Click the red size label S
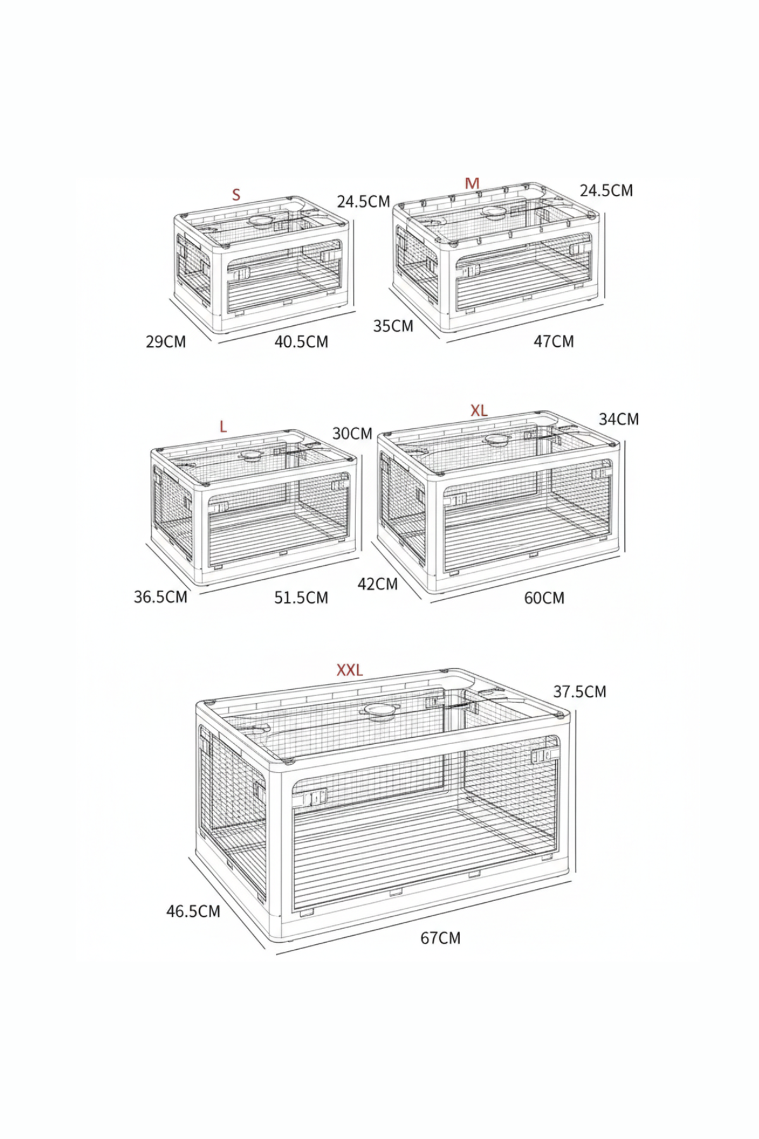(237, 194)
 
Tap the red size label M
(472, 184)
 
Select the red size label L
(223, 427)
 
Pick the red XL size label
(479, 411)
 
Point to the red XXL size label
(350, 670)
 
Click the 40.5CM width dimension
(301, 342)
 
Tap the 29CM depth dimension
(166, 342)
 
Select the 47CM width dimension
(554, 342)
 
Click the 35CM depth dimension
(393, 326)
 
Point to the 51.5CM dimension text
(301, 598)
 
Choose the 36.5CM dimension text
(161, 597)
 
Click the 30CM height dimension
(352, 433)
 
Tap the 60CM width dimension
(544, 598)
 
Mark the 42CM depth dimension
(378, 583)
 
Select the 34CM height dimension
(619, 419)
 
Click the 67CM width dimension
(441, 938)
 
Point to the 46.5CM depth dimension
(194, 911)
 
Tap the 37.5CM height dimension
(580, 692)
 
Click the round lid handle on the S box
(262, 221)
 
